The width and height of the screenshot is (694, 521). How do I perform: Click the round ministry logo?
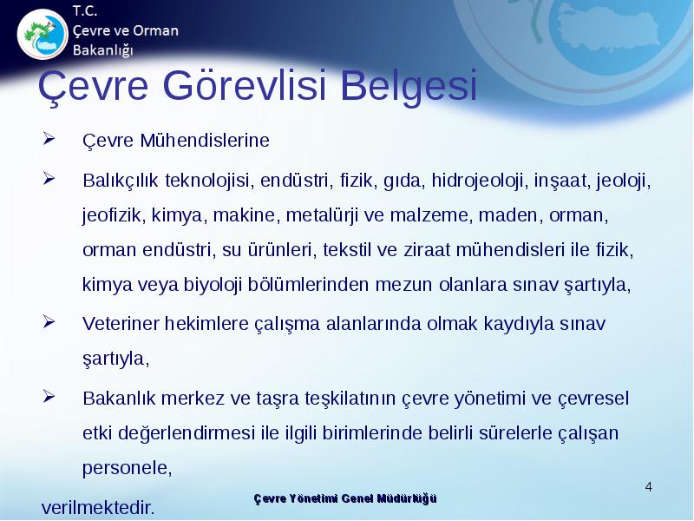coord(43,34)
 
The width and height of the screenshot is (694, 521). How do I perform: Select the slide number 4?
coord(648,487)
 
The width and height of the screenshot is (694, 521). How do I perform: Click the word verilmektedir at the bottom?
coord(98,508)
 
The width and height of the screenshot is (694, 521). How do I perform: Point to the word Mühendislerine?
coord(205,141)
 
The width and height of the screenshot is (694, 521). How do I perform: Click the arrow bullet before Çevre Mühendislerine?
coord(49,139)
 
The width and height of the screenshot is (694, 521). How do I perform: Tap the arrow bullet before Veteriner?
coord(49,321)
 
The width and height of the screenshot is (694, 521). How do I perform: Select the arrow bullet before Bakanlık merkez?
coord(49,396)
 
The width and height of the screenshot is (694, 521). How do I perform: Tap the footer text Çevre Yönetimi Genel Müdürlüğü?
coord(345,498)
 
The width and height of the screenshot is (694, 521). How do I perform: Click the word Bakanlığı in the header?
coord(102,50)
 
